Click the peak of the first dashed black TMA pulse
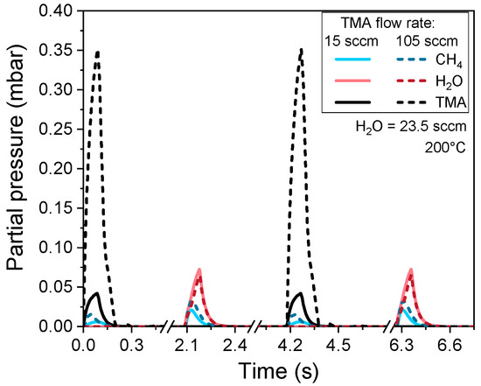coord(97,52)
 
